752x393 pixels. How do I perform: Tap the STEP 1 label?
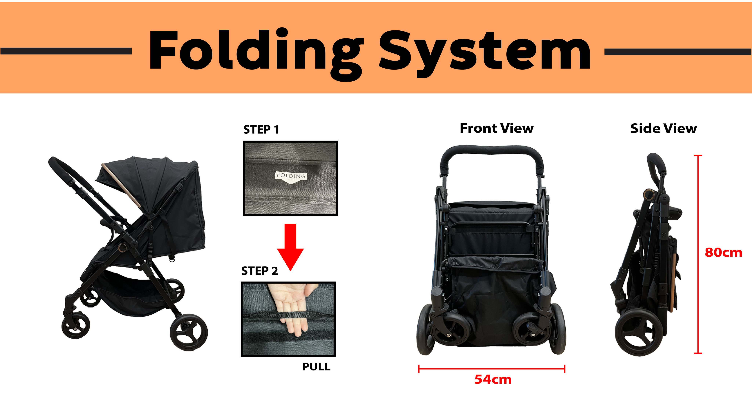[261, 129]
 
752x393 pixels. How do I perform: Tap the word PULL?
[316, 367]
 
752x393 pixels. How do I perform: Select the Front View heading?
[497, 128]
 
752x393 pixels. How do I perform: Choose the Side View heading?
[663, 128]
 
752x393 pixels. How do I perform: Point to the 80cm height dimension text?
[723, 252]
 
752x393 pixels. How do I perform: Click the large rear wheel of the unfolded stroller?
[189, 332]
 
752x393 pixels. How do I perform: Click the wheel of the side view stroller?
[638, 332]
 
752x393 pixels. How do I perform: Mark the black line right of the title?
[678, 52]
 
